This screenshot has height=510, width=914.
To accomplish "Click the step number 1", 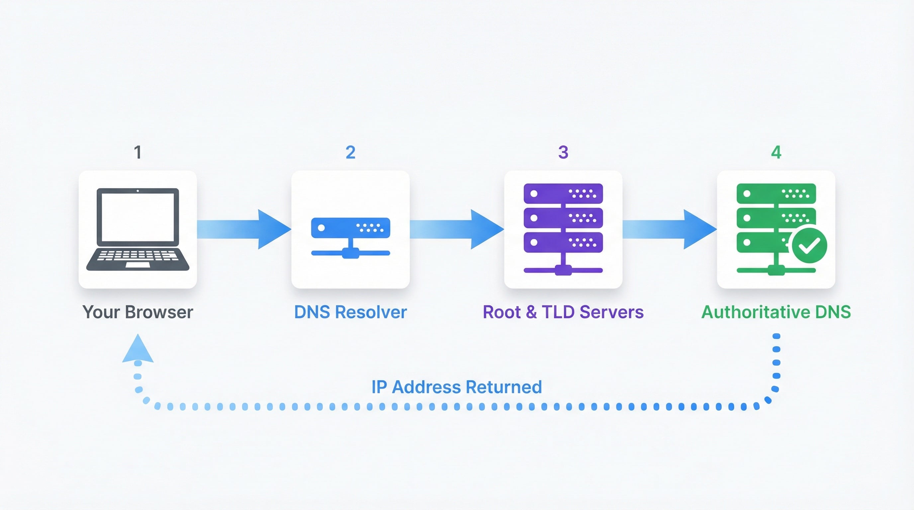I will click(138, 152).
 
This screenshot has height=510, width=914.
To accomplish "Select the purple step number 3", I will click(563, 152).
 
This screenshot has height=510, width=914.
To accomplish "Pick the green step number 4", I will click(776, 152).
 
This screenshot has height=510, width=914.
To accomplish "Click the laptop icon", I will click(138, 229).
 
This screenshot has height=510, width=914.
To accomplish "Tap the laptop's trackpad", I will click(138, 265).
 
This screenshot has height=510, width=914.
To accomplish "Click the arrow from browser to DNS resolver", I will click(245, 229).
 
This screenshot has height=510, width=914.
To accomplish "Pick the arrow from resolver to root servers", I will click(458, 229).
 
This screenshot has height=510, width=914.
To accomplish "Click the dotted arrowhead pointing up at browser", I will click(138, 350).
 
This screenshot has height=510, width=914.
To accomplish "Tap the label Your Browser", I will click(138, 312).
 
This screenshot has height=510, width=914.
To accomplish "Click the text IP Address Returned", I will click(457, 387).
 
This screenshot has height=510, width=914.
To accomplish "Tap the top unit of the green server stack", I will click(776, 193).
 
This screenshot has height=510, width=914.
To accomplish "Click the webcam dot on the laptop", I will click(138, 191).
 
